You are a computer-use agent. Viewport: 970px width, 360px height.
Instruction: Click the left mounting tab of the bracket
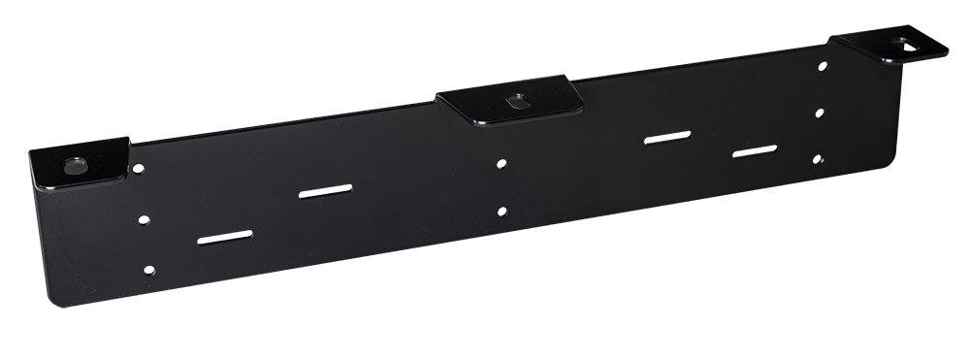coord(81,163)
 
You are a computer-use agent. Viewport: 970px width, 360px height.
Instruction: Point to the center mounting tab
coord(510,103)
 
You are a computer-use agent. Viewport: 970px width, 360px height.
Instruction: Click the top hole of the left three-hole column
coord(139,169)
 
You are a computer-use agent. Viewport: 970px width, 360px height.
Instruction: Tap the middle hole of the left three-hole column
coord(144,220)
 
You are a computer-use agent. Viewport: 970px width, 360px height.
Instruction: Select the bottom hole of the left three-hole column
coord(148,270)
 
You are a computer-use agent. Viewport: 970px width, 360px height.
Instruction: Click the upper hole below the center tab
coord(501,164)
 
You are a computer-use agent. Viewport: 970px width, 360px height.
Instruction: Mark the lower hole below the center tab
coord(501,212)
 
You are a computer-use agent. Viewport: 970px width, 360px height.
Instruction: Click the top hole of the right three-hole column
coord(823,67)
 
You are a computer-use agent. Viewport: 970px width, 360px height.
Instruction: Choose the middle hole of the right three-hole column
coord(820,114)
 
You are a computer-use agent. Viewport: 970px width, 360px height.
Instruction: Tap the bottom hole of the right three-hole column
coord(818,158)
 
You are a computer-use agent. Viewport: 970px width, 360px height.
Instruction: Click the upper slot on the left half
coord(326,192)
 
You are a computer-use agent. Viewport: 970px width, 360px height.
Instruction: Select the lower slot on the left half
coord(226,239)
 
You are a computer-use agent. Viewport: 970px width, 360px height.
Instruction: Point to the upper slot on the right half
coord(668,138)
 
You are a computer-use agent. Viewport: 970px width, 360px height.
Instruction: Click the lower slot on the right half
coord(755,151)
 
